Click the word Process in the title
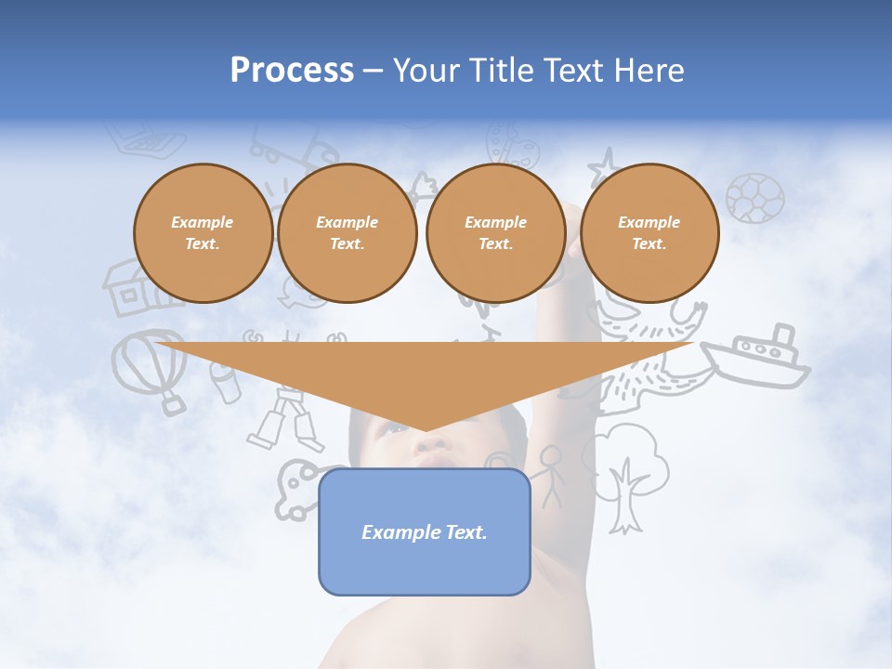coord(292,71)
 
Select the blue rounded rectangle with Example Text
coord(425,531)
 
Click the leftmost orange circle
coord(203,233)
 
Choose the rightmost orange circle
coord(649,233)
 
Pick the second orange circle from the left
coord(347,233)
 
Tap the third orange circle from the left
coord(495,233)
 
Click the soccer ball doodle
coord(754,198)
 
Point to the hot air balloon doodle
coord(149,366)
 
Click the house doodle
coord(130,287)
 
